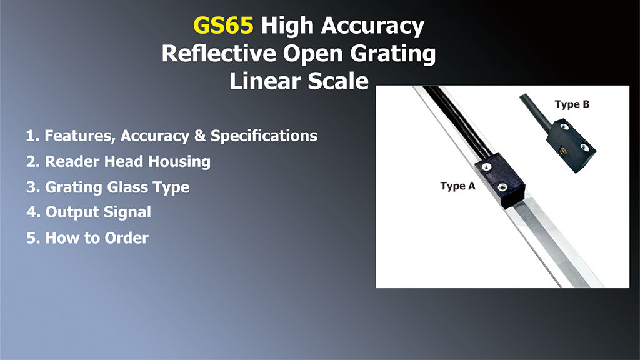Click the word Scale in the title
[x=338, y=81]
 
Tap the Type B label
[x=572, y=104]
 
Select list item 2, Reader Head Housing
[x=119, y=161]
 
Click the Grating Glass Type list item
[x=108, y=187]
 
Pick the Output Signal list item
[x=89, y=212]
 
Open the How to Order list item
[x=87, y=237]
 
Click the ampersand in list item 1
[x=200, y=136]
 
